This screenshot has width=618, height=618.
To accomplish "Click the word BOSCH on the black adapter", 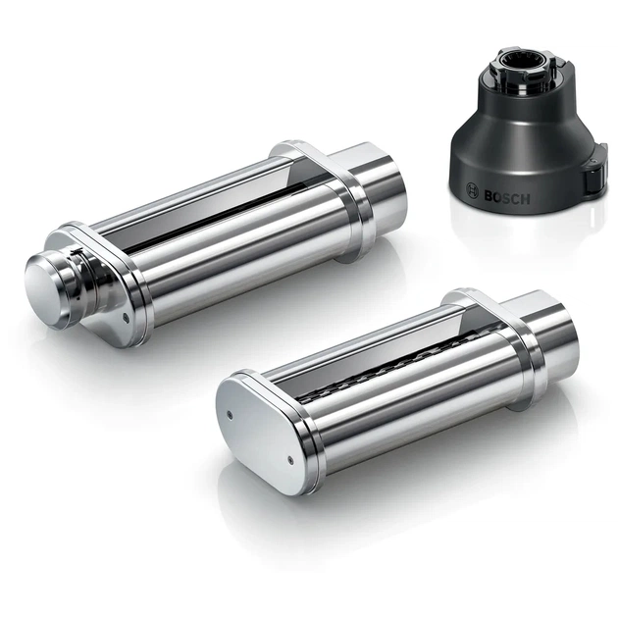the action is [x=507, y=198].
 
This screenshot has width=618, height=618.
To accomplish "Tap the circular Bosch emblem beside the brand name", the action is [x=472, y=189].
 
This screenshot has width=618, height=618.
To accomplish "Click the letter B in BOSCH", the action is [x=489, y=196].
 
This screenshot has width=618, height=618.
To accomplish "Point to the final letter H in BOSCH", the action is [x=526, y=199].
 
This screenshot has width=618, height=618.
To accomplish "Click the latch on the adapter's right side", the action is [x=593, y=177].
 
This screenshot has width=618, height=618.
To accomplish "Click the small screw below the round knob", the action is [x=126, y=317].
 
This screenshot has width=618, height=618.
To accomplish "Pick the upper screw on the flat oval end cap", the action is [x=230, y=414].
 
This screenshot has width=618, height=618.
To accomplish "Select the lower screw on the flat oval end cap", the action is [x=291, y=459].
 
